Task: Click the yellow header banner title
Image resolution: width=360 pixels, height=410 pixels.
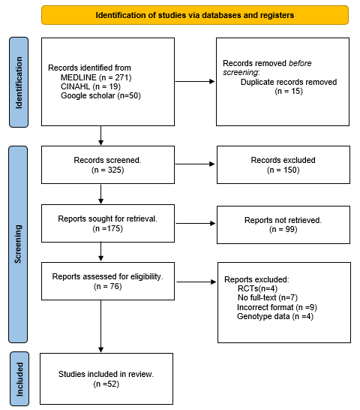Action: click(195, 15)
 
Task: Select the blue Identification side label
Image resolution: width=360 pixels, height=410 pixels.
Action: click(19, 82)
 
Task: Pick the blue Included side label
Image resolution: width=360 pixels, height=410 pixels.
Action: click(19, 378)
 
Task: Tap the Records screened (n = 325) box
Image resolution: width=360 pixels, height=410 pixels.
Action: click(100, 164)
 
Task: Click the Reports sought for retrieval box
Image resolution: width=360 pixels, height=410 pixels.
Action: click(100, 223)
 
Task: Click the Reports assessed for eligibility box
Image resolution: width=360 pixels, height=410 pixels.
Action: click(100, 281)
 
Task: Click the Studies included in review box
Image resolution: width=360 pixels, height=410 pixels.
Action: click(100, 378)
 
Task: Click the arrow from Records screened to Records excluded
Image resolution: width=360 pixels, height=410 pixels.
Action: click(187, 164)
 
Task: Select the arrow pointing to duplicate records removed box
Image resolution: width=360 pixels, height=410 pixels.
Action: click(187, 82)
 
